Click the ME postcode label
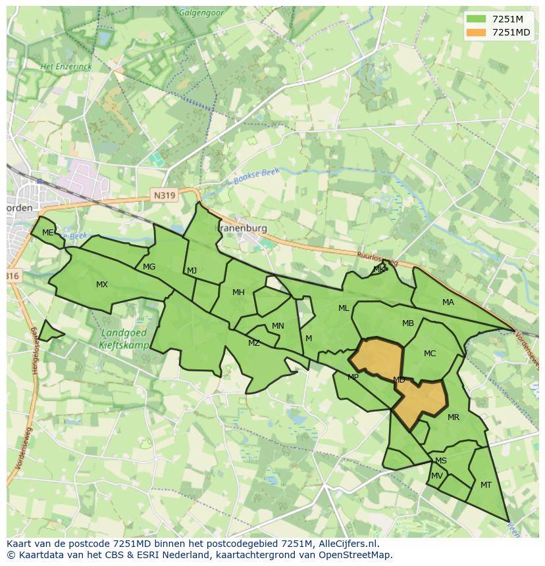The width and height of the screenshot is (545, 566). coord(47,233)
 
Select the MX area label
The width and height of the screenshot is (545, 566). coord(102,285)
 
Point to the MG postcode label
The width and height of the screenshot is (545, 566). coord(149,267)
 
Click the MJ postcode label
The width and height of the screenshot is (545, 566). coord(192,271)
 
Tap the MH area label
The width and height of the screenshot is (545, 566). coord(238,293)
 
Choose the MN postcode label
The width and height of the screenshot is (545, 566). coord(278,326)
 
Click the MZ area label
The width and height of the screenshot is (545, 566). coord(254,343)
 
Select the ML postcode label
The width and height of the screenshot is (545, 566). coord(344,308)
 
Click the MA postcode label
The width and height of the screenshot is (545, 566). coord(448,302)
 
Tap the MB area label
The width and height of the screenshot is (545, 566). coord(408,323)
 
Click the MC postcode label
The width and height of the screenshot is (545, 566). coord(430,354)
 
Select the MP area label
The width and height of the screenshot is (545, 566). coord(353,377)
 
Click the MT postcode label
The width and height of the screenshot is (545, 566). coord(486,485)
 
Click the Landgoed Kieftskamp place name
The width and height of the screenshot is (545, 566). coord(125,339)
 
